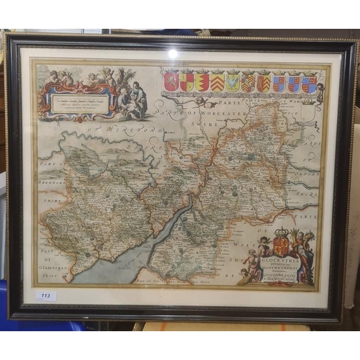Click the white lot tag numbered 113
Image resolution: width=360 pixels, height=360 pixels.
(46, 296)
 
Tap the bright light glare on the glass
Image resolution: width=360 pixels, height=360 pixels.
(172, 53)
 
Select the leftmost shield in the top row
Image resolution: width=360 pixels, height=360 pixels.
(171, 81)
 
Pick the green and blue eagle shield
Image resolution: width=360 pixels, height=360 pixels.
(233, 81)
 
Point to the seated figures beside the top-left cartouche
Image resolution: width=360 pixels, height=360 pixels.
(133, 101)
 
